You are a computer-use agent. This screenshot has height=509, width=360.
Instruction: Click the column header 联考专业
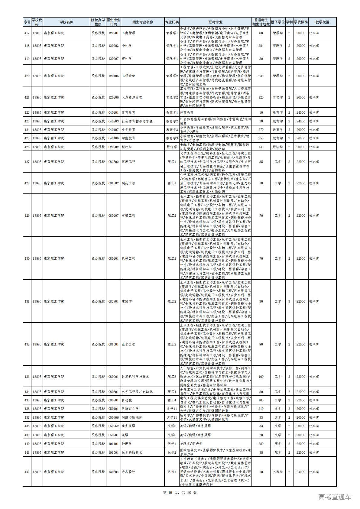[x=215, y=22]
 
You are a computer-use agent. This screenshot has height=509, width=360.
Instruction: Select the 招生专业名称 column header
[x=142, y=22]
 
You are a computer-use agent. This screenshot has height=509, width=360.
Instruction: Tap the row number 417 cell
[x=27, y=33]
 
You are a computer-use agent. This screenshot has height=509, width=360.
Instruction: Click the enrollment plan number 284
[x=261, y=46]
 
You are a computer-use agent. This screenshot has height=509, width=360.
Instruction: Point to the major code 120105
[x=113, y=76]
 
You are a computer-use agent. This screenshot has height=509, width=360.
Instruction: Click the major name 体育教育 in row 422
[x=128, y=112]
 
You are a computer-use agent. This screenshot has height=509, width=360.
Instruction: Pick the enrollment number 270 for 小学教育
[x=261, y=130]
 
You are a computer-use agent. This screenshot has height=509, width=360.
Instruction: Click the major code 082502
[x=113, y=162]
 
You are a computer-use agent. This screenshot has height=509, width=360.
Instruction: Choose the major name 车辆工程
[x=128, y=216]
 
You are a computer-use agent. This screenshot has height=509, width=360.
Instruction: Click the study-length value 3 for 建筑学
[x=289, y=301]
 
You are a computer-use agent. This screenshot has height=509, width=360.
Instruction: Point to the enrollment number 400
[x=261, y=377]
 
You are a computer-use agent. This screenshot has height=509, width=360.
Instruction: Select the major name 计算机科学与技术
[x=135, y=377]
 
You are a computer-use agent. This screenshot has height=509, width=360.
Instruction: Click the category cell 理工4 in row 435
[x=172, y=400]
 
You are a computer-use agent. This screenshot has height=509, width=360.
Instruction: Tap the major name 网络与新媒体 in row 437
[x=131, y=417]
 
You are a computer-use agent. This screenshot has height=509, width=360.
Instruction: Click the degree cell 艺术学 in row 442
[x=277, y=472]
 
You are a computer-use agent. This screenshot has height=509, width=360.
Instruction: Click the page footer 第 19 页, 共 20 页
[x=180, y=493]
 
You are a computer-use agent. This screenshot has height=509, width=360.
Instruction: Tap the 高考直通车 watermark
[x=335, y=497]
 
